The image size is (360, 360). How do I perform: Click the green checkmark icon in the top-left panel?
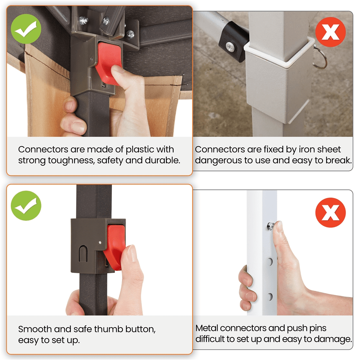pyautogui.click(x=26, y=29)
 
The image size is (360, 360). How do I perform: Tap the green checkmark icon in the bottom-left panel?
pyautogui.click(x=26, y=206)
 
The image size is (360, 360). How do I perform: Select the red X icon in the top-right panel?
pyautogui.click(x=330, y=32)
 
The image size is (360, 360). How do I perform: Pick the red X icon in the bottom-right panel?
pyautogui.click(x=330, y=213)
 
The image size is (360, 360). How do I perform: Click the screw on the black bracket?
pyautogui.click(x=230, y=46)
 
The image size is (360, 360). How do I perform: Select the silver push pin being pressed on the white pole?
pyautogui.click(x=270, y=226)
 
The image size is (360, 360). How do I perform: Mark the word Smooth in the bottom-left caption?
pyautogui.click(x=35, y=329)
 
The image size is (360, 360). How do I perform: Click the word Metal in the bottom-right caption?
pyautogui.click(x=207, y=328)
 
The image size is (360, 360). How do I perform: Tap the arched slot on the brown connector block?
pyautogui.click(x=83, y=254)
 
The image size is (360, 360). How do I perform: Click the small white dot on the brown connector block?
pyautogui.click(x=100, y=242)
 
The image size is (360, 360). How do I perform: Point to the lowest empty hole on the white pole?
pyautogui.click(x=270, y=297)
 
